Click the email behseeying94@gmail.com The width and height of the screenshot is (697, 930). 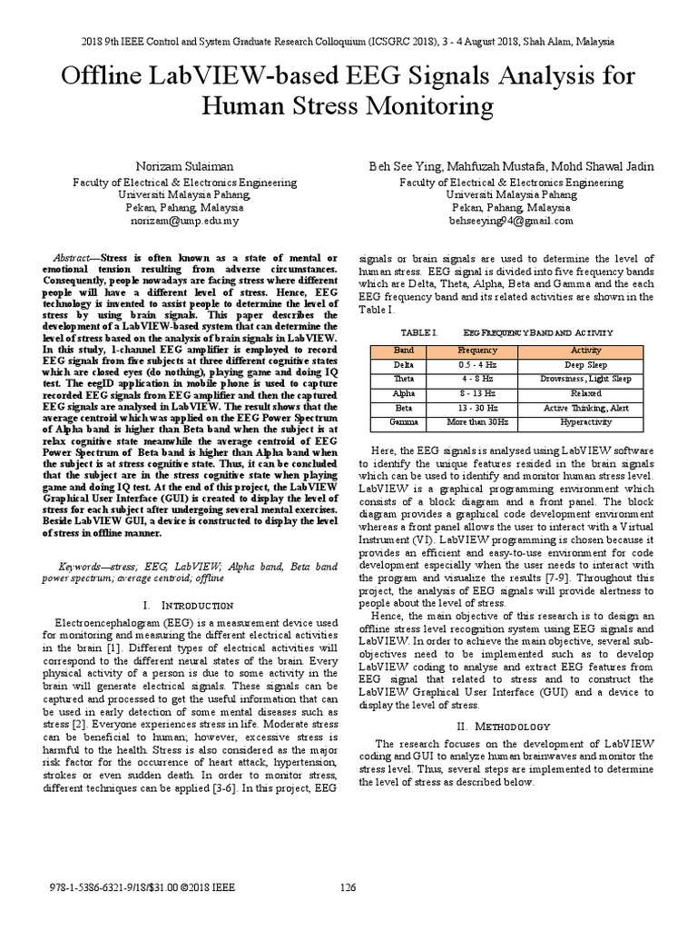tap(511, 220)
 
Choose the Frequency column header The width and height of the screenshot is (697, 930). tap(476, 350)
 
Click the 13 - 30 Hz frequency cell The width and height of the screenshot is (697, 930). tap(476, 410)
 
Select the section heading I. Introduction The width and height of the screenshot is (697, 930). tap(189, 605)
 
